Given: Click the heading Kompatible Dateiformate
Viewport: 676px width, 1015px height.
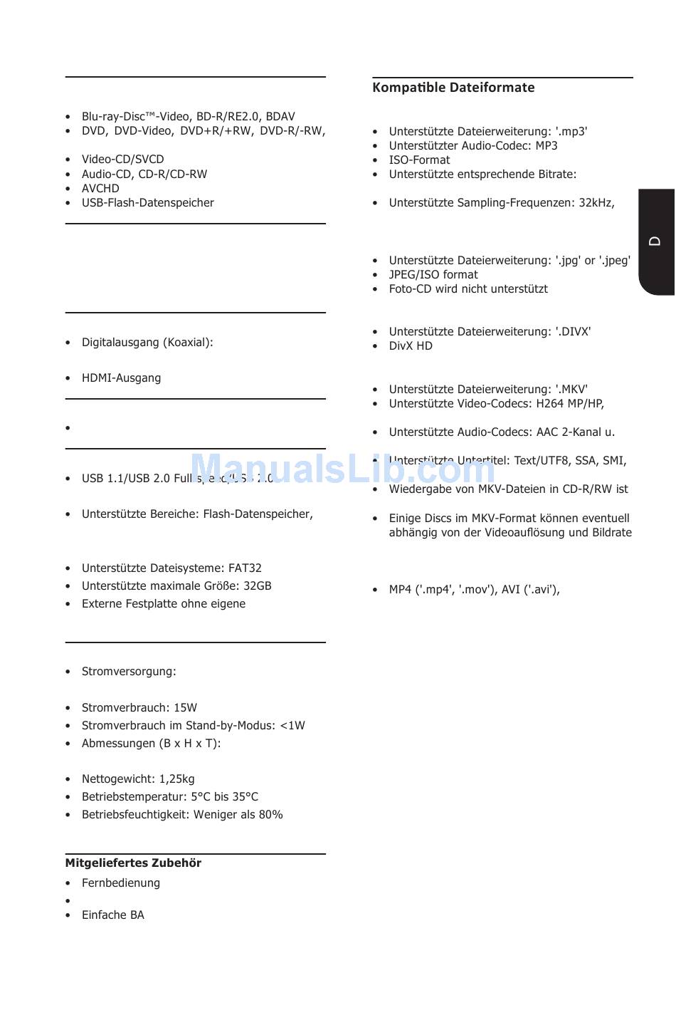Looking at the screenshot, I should click(x=453, y=88).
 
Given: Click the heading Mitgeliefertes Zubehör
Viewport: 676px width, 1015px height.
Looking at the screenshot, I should click(x=133, y=863).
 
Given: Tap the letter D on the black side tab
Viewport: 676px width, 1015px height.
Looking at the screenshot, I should click(x=655, y=241).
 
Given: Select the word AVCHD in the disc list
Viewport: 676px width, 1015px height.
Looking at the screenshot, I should click(x=100, y=188).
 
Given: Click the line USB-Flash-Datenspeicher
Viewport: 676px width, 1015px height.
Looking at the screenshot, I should click(x=147, y=202).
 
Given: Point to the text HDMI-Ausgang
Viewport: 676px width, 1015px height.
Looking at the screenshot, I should click(x=121, y=378).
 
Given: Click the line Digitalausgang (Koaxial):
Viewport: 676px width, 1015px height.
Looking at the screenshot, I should click(x=147, y=342).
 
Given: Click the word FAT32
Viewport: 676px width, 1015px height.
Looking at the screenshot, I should click(x=245, y=568).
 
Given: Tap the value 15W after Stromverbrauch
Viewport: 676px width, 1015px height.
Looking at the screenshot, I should click(x=185, y=707).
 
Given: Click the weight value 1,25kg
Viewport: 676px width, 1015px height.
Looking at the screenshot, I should click(x=177, y=779).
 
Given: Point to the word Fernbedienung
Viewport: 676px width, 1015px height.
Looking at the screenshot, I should click(x=121, y=883).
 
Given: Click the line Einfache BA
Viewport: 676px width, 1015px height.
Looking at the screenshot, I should click(x=112, y=915).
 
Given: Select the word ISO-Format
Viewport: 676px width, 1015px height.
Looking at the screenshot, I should click(x=419, y=160).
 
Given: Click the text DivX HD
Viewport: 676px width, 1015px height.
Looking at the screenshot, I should click(x=411, y=345).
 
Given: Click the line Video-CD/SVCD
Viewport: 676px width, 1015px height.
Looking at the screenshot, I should click(x=122, y=159).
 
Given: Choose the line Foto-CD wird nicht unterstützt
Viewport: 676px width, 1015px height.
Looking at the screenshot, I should click(x=468, y=288).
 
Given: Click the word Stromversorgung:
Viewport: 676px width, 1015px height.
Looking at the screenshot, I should click(x=129, y=671).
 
